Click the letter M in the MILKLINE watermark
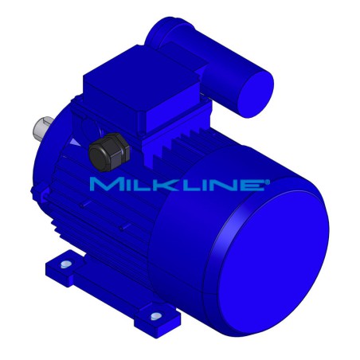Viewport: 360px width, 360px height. click(x=105, y=185)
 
